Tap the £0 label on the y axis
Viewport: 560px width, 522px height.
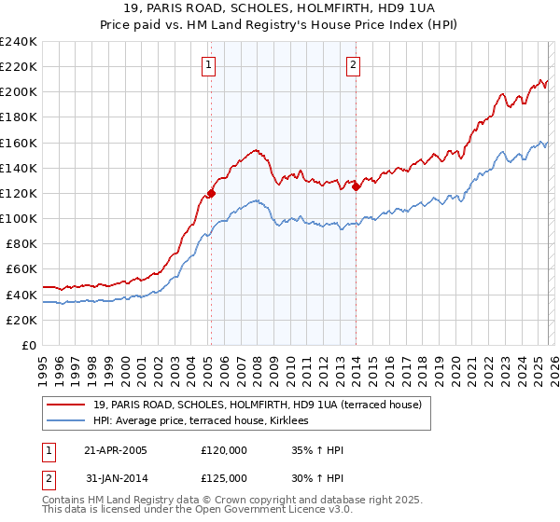pyautogui.click(x=28, y=345)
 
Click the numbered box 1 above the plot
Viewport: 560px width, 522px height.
pyautogui.click(x=207, y=65)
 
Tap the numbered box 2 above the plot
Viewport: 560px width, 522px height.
pyautogui.click(x=355, y=65)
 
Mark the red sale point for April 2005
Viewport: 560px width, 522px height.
pyautogui.click(x=211, y=194)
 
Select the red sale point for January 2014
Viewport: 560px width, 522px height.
pyautogui.click(x=356, y=187)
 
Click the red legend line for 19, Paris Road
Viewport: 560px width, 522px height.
pyautogui.click(x=65, y=405)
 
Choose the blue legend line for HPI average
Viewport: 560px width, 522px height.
pyautogui.click(x=65, y=420)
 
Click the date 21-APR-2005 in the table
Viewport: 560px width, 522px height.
pyautogui.click(x=116, y=451)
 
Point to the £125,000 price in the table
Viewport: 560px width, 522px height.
pyautogui.click(x=224, y=478)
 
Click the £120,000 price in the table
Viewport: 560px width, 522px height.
pyautogui.click(x=224, y=451)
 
